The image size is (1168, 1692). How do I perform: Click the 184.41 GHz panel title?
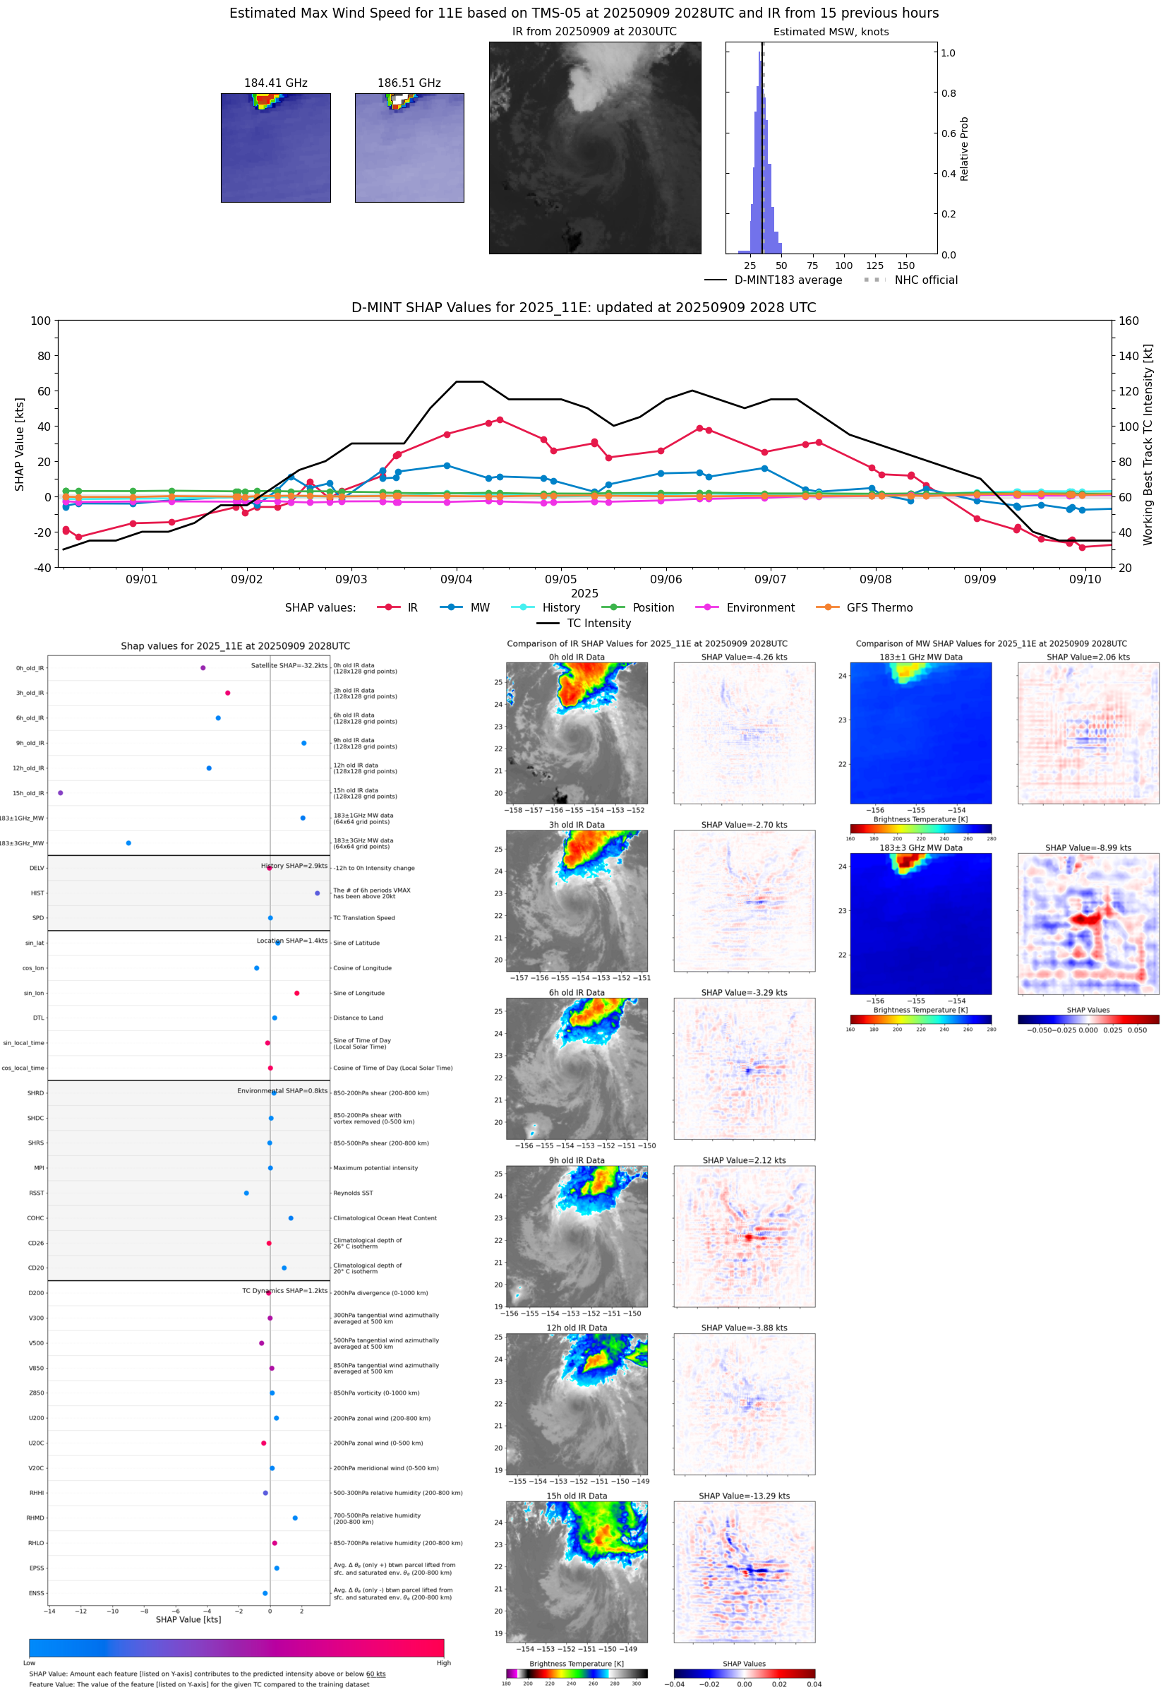(275, 83)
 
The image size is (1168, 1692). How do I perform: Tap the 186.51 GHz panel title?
(409, 83)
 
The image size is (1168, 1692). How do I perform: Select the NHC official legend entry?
(925, 280)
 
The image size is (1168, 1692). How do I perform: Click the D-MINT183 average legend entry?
(788, 280)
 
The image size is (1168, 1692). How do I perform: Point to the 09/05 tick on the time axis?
(560, 579)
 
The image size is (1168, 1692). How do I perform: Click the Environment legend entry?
(759, 608)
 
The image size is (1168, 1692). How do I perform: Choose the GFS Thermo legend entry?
(879, 608)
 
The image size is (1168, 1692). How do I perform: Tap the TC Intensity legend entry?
(598, 623)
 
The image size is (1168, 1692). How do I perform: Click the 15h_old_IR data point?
(61, 793)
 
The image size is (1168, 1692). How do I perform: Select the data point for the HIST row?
(317, 893)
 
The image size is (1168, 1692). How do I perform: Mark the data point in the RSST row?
(246, 1193)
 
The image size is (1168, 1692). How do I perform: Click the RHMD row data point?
(295, 1518)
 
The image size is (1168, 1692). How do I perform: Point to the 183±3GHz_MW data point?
(129, 843)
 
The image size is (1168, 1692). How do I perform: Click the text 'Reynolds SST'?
(353, 1193)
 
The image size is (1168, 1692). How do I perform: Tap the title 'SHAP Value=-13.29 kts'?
(744, 1496)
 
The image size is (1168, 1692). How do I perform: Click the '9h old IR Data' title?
(577, 1160)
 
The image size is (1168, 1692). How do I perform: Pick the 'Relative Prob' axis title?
(964, 148)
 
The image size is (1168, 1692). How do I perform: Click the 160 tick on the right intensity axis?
(1128, 321)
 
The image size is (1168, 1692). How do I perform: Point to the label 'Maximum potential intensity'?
(375, 1169)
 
